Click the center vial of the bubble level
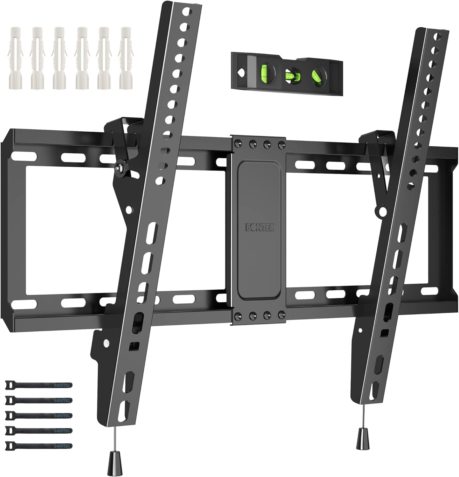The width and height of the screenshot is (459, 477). coord(290,75)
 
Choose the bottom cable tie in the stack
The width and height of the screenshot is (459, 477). coord(38,446)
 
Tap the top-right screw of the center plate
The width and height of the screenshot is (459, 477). coord(280,143)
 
